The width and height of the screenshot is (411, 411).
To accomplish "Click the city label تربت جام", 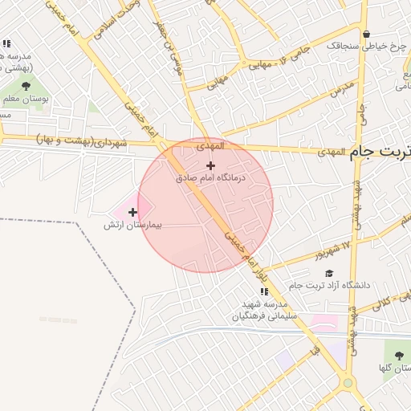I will coord(380,153).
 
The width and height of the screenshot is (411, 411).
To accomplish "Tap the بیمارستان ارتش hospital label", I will coord(133,226).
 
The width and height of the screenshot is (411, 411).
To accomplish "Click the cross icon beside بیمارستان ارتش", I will coord(133,212).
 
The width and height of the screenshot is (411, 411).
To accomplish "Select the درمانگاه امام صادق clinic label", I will coord(210,177).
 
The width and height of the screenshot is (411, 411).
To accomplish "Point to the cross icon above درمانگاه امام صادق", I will coord(211,165).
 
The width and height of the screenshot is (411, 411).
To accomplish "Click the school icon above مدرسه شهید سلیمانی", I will coord(265,291).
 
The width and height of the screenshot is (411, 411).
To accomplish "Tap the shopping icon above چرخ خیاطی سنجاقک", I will coord(367,35).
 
